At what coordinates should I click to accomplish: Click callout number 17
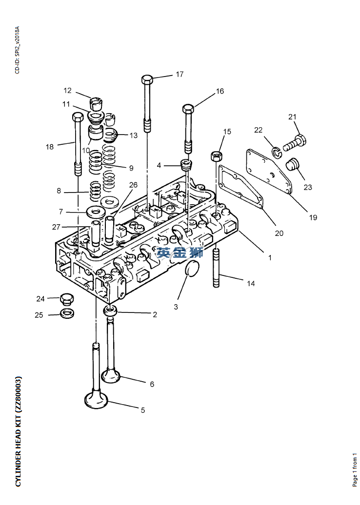click(180, 75)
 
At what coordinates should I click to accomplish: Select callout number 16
click(220, 91)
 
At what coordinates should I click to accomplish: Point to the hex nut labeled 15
click(217, 156)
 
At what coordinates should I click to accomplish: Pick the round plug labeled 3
click(192, 268)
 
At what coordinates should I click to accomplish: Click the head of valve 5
click(96, 399)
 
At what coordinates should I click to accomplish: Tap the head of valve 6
click(111, 376)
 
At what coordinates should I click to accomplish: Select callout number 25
click(39, 315)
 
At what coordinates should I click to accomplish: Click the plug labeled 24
click(66, 298)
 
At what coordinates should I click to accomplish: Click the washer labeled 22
click(277, 153)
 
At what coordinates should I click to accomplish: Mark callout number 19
click(313, 217)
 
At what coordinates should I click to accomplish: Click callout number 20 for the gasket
click(279, 233)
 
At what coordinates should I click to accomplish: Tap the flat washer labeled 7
click(95, 212)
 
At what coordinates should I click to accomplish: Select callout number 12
click(67, 91)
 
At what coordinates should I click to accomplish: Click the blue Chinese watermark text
click(180, 252)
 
